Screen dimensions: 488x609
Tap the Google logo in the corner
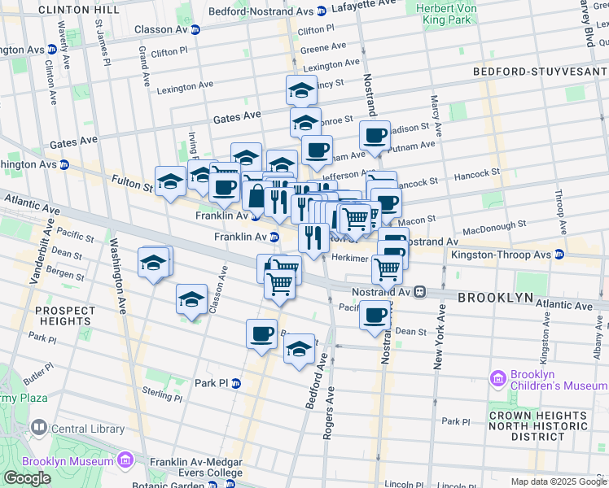(27, 478)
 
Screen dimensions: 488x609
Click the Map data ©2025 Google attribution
(559, 481)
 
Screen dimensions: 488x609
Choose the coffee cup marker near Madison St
(375, 135)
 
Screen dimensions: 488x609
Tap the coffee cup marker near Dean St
(375, 314)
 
